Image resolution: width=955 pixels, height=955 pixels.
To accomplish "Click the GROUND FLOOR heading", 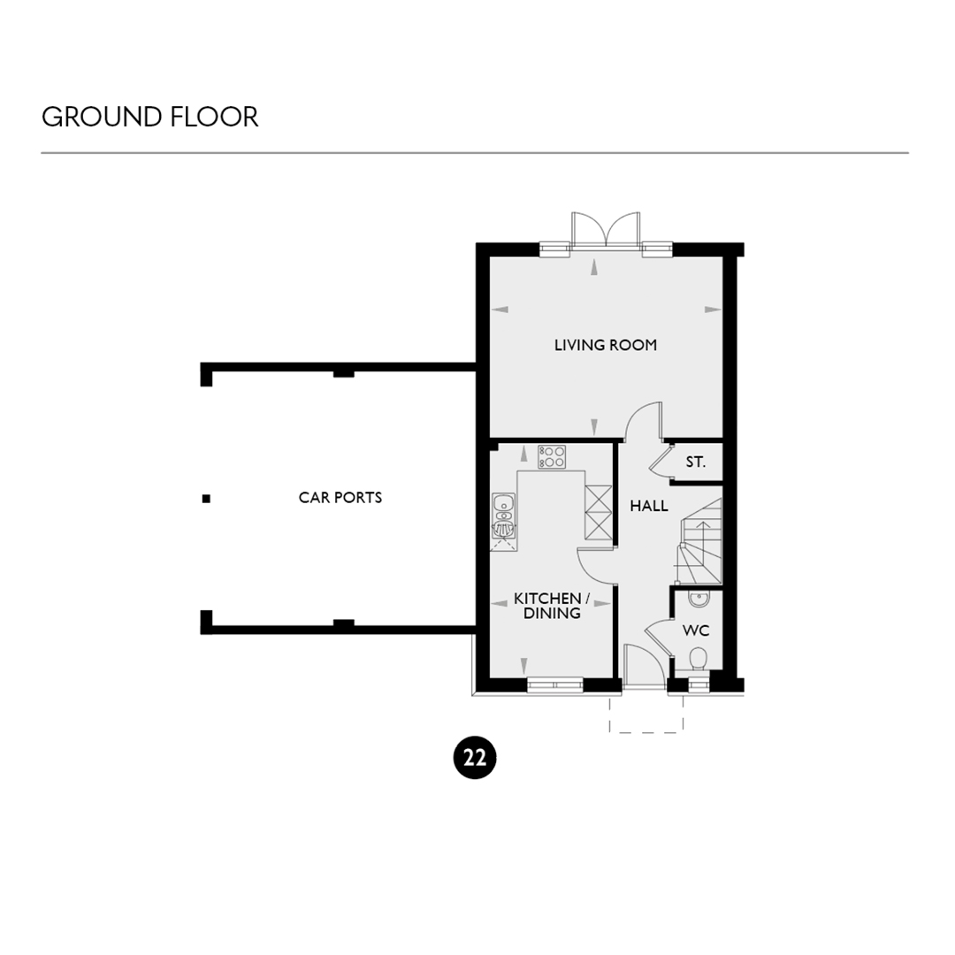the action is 149,117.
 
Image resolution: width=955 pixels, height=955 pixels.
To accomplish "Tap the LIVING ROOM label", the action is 606,346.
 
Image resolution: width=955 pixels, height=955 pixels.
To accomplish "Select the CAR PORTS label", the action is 340,498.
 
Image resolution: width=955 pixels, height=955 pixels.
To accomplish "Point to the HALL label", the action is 649,506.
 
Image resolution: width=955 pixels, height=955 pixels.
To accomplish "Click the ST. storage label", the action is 696,462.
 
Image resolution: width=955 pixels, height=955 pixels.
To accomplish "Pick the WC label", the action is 696,630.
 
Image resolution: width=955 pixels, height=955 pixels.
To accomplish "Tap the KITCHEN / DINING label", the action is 551,606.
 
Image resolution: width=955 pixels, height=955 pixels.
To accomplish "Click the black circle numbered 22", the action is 475,758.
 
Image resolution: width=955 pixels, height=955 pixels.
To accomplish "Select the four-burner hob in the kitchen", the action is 552,457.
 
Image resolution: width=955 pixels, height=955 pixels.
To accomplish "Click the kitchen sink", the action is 504,516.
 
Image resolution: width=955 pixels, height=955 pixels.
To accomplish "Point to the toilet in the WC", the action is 698,661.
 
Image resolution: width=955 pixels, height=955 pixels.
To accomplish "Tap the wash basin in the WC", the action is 699,599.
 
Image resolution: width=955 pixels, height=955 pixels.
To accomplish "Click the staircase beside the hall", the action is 700,541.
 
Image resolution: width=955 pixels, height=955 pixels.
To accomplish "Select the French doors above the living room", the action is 606,230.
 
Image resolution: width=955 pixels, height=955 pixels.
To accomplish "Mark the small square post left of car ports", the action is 206,499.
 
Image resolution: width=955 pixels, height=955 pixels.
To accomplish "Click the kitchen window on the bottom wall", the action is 554,685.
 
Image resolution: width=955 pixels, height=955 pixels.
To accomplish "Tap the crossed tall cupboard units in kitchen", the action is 598,512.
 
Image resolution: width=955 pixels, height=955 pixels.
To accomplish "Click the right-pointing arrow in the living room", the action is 713,310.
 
